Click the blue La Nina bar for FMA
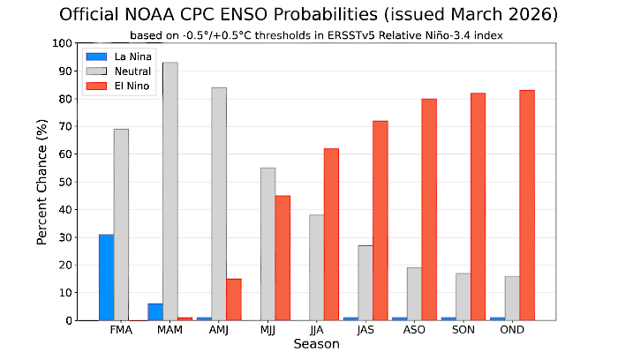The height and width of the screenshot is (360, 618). pyautogui.click(x=106, y=277)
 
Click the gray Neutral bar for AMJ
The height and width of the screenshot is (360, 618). pyautogui.click(x=218, y=203)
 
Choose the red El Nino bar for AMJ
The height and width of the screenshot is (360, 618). pyautogui.click(x=234, y=299)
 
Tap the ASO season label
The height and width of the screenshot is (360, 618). pyautogui.click(x=413, y=331)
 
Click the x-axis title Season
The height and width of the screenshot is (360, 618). pyautogui.click(x=316, y=344)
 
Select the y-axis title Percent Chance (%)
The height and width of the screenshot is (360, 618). pyautogui.click(x=42, y=182)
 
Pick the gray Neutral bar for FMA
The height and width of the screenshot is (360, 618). pyautogui.click(x=121, y=224)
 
